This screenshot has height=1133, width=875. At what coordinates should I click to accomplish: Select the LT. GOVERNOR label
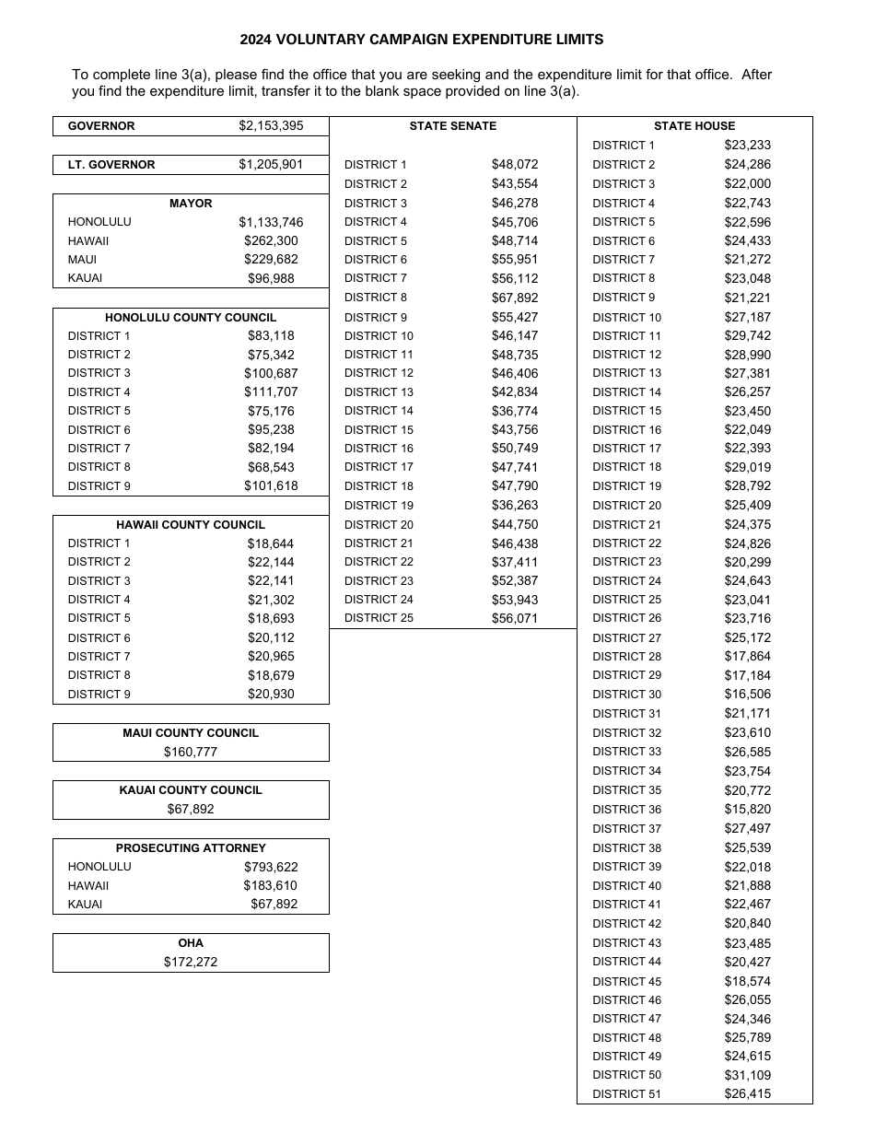pos(111,165)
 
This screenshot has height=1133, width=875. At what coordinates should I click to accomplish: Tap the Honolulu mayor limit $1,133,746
pos(271,222)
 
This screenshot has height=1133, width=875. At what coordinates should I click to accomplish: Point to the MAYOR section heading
pos(191,204)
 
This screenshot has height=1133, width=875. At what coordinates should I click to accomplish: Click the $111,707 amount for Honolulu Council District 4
pos(271,392)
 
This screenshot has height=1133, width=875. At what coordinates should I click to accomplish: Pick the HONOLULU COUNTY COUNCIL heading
pos(191,318)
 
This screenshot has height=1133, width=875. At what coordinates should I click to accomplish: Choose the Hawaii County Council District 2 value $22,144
pos(271,562)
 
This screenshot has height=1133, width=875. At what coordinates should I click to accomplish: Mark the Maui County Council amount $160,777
pos(191,753)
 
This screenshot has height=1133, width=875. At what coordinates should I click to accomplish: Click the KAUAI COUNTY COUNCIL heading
pos(191,790)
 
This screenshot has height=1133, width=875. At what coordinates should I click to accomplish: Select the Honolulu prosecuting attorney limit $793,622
pos(271,867)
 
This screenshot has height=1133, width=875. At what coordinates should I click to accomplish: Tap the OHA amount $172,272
pos(191,963)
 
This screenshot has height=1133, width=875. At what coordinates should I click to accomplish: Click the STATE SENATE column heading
pos(452,126)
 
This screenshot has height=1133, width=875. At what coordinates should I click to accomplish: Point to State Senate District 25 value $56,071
pos(515,619)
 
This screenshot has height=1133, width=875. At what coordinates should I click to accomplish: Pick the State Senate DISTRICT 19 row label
pos(379,506)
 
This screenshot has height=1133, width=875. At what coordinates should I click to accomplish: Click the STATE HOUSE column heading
pos(694,126)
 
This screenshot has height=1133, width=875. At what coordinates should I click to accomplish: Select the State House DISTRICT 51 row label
pos(626,1094)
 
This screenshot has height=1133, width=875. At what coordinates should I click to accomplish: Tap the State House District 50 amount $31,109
pos(748,1075)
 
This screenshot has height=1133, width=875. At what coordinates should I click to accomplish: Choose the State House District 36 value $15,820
pos(748,810)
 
